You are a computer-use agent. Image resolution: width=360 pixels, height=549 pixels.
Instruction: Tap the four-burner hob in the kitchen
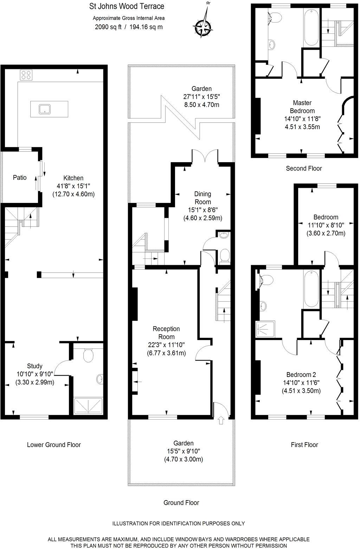[26, 75]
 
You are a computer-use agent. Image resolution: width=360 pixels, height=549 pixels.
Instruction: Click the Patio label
[20, 178]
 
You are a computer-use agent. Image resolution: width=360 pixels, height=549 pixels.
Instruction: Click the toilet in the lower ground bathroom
[88, 355]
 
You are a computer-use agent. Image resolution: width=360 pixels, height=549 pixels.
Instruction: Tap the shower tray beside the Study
[88, 406]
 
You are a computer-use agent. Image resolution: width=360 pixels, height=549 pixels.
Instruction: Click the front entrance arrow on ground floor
[221, 420]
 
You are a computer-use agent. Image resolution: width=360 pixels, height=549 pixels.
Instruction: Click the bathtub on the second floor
[311, 27]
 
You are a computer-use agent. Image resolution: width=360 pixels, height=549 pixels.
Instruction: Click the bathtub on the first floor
[312, 289]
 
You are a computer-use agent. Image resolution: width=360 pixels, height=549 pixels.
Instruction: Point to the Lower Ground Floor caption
[54, 445]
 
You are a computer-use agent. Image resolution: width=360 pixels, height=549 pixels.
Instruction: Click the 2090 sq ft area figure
[108, 27]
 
